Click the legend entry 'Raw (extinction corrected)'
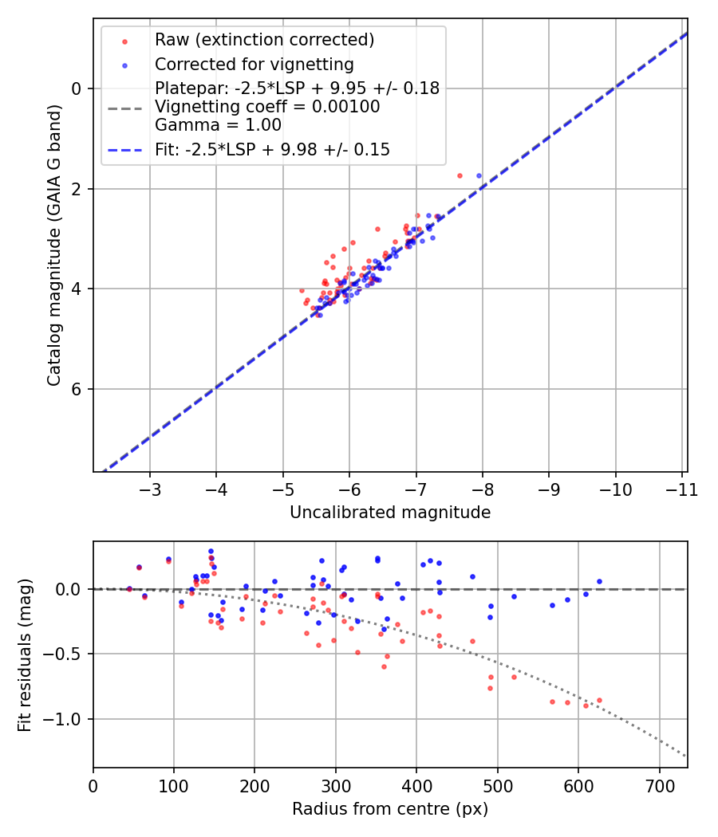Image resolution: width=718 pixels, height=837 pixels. [x=264, y=40]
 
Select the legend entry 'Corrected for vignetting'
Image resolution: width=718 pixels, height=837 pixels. [x=254, y=64]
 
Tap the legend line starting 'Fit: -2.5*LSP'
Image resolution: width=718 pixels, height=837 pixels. [x=272, y=149]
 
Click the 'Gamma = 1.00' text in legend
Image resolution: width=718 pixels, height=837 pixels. [x=218, y=124]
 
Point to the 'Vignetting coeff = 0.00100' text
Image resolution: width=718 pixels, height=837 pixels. [x=267, y=106]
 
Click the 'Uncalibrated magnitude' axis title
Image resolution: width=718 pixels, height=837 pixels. [x=389, y=512]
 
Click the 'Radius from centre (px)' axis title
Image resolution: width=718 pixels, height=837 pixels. [x=389, y=809]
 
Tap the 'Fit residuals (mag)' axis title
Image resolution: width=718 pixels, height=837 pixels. [x=25, y=654]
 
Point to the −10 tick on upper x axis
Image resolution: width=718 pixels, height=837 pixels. [x=614, y=488]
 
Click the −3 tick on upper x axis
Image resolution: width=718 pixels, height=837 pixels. [x=150, y=488]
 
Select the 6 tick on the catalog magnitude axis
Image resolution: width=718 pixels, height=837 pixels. [x=77, y=389]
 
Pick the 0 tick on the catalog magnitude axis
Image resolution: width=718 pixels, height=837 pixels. [x=77, y=88]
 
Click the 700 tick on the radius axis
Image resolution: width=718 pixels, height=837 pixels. [x=659, y=784]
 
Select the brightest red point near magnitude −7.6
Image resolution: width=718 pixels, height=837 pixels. [x=460, y=175]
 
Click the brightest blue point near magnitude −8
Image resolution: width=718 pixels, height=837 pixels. [x=479, y=175]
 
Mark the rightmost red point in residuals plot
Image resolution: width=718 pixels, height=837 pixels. [x=599, y=700]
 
